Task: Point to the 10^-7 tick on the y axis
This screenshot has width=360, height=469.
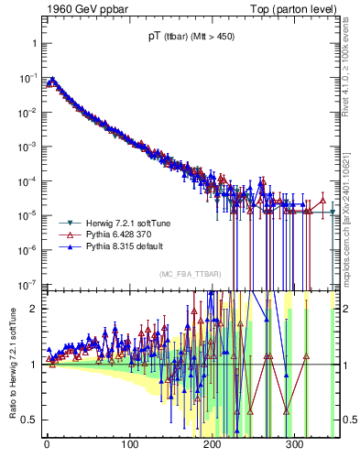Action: pyautogui.click(x=25, y=283)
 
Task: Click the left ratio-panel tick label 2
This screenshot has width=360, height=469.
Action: pyautogui.click(x=30, y=309)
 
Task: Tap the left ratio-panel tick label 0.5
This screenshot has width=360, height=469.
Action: pyautogui.click(x=27, y=420)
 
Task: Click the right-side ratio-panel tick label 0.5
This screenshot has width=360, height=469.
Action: pyautogui.click(x=349, y=420)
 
